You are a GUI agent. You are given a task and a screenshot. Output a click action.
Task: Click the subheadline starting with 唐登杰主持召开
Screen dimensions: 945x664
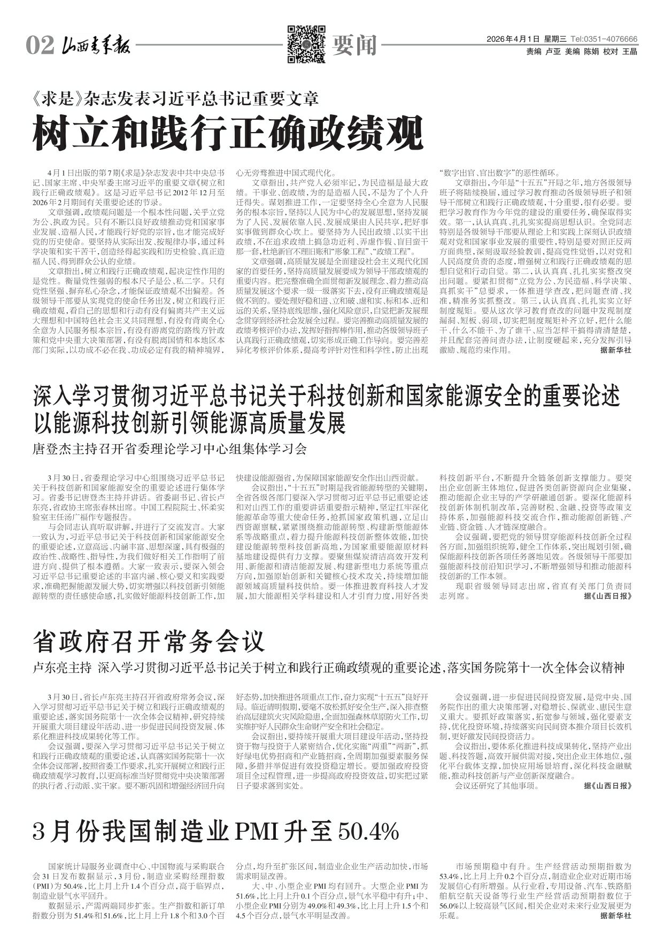coord(171,449)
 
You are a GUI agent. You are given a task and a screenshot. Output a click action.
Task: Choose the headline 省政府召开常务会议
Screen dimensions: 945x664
coord(149,640)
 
